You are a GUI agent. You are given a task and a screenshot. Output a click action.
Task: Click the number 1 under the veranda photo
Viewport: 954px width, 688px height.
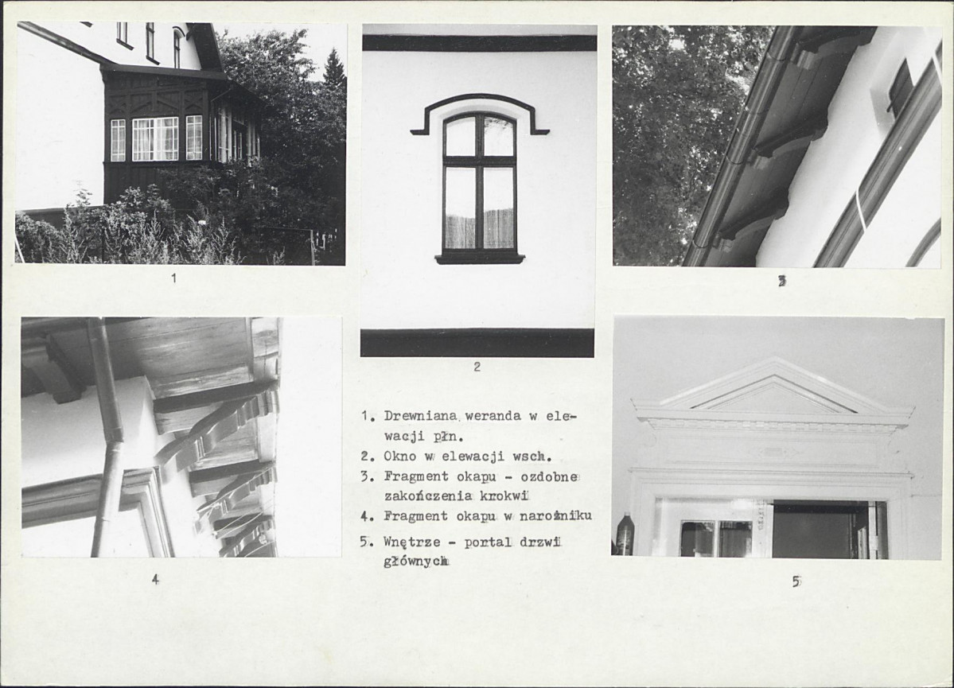[174, 278]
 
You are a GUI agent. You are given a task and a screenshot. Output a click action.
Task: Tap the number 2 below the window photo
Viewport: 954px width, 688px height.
[477, 367]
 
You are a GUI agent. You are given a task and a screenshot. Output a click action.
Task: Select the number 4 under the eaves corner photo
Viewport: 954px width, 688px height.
[155, 580]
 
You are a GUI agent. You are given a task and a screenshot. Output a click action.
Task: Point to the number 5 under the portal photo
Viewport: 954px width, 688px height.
[796, 581]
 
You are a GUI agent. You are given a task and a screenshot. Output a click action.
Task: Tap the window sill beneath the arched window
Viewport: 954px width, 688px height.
[480, 258]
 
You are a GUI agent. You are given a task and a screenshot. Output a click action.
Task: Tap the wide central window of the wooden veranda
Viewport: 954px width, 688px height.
[155, 138]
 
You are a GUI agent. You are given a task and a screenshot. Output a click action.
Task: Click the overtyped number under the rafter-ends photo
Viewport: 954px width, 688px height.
[782, 281]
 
